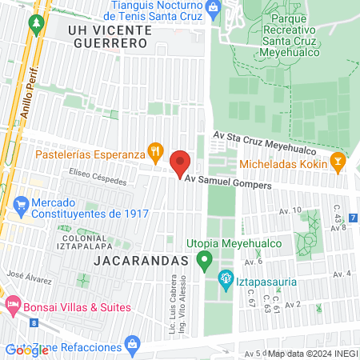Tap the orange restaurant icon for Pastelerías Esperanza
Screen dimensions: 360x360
156,151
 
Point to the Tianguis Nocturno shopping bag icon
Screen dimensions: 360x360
212,9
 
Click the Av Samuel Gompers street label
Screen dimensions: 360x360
228,184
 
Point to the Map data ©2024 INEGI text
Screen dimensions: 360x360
311,353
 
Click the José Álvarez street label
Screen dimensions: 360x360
29,277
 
